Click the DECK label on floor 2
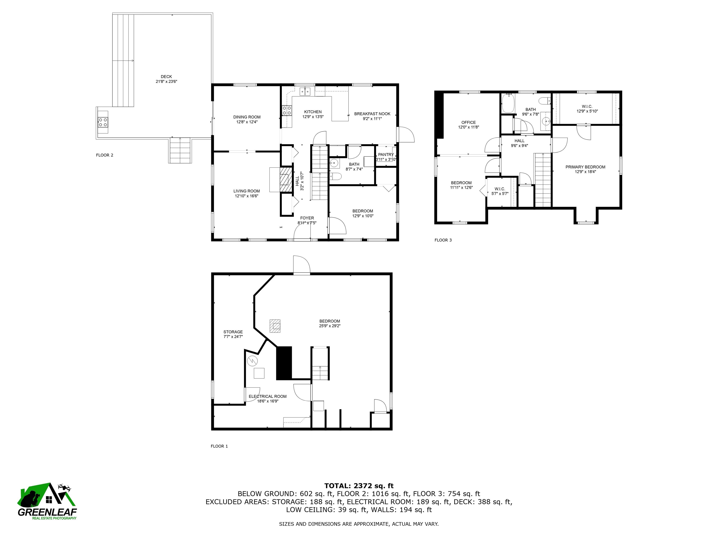166,77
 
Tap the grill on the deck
103,122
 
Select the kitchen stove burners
287,110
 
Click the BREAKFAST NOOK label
372,114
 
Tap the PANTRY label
386,155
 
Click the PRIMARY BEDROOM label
585,167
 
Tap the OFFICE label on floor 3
468,123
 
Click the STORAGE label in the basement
233,332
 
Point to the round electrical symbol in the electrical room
252,361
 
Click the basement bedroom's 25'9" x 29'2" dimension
330,326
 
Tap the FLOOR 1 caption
219,446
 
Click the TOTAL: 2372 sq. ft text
359,486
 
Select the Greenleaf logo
47,501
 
